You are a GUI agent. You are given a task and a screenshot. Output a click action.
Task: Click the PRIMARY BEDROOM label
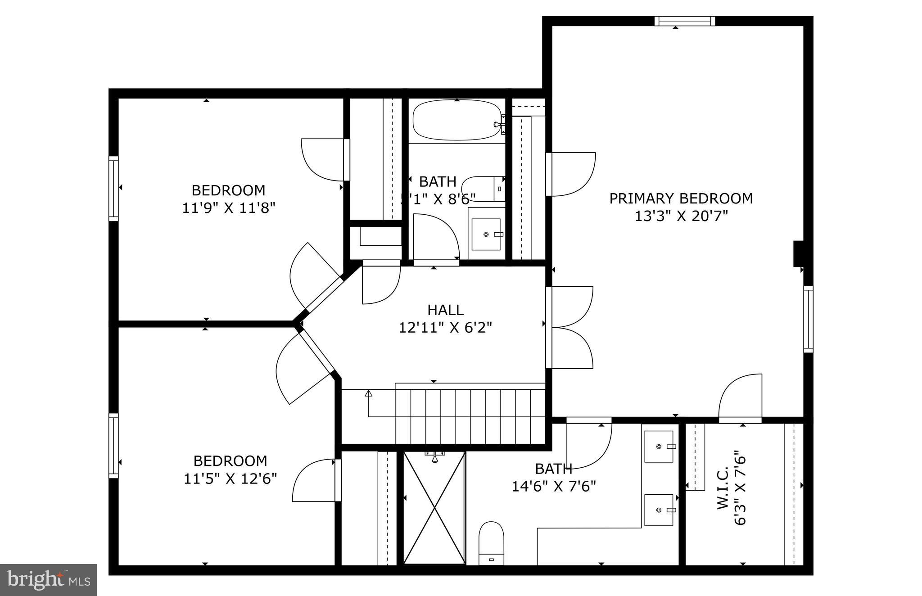tap(681, 199)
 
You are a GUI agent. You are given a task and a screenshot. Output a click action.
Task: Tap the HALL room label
tap(445, 310)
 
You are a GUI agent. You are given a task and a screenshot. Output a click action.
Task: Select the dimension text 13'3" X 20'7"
tap(681, 217)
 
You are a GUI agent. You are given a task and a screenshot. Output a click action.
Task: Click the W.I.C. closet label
tap(723, 488)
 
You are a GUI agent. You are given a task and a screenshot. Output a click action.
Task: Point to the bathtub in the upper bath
tap(456, 120)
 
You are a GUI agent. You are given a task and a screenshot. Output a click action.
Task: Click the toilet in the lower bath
tap(491, 543)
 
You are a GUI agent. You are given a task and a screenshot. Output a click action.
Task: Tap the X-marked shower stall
tap(434, 508)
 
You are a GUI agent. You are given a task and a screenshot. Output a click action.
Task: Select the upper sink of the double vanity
tap(659, 447)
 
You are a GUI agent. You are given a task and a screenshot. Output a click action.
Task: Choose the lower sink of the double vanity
tap(659, 510)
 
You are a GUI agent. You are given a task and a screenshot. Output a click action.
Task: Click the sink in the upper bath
tap(486, 234)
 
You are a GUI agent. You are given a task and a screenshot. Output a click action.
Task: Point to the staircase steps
tap(470, 416)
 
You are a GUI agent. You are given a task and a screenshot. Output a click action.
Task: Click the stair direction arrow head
tap(369, 393)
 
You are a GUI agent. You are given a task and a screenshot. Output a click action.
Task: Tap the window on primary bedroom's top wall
tap(684, 21)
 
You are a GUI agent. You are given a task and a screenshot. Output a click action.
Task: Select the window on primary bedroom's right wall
tap(809, 319)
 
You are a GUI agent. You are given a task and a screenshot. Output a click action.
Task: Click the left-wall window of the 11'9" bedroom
tap(113, 189)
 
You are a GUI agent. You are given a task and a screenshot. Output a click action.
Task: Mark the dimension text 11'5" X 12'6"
tap(230, 479)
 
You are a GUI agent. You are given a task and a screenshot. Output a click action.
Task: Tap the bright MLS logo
tap(48, 580)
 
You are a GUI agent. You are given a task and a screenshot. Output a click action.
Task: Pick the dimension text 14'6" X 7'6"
tap(554, 487)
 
